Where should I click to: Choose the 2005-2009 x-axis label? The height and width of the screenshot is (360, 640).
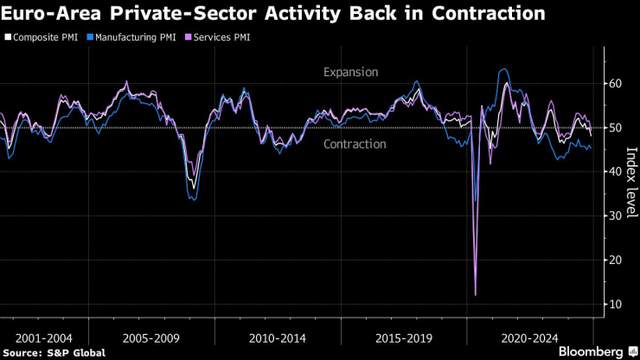tap(151, 337)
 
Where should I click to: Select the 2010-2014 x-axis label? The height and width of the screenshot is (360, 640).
tap(277, 337)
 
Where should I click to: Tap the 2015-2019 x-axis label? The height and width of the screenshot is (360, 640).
tap(403, 337)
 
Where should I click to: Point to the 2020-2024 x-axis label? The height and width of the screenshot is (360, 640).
tap(529, 337)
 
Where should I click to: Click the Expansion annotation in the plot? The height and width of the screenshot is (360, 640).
tap(350, 73)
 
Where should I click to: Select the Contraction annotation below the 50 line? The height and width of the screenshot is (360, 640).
tap(355, 144)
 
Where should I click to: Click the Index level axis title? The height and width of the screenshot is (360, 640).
tap(630, 182)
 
